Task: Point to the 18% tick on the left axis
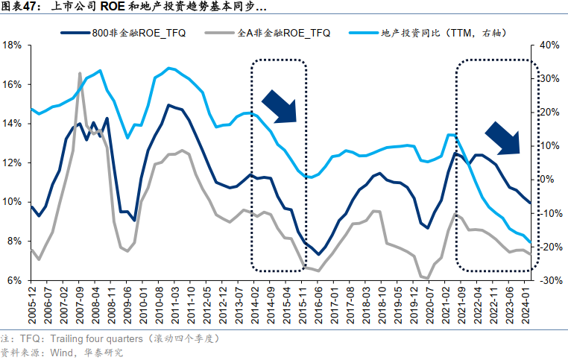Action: (12, 45)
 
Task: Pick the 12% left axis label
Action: (12, 162)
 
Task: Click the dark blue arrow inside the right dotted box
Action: (502, 138)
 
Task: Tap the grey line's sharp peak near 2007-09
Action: (80, 74)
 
